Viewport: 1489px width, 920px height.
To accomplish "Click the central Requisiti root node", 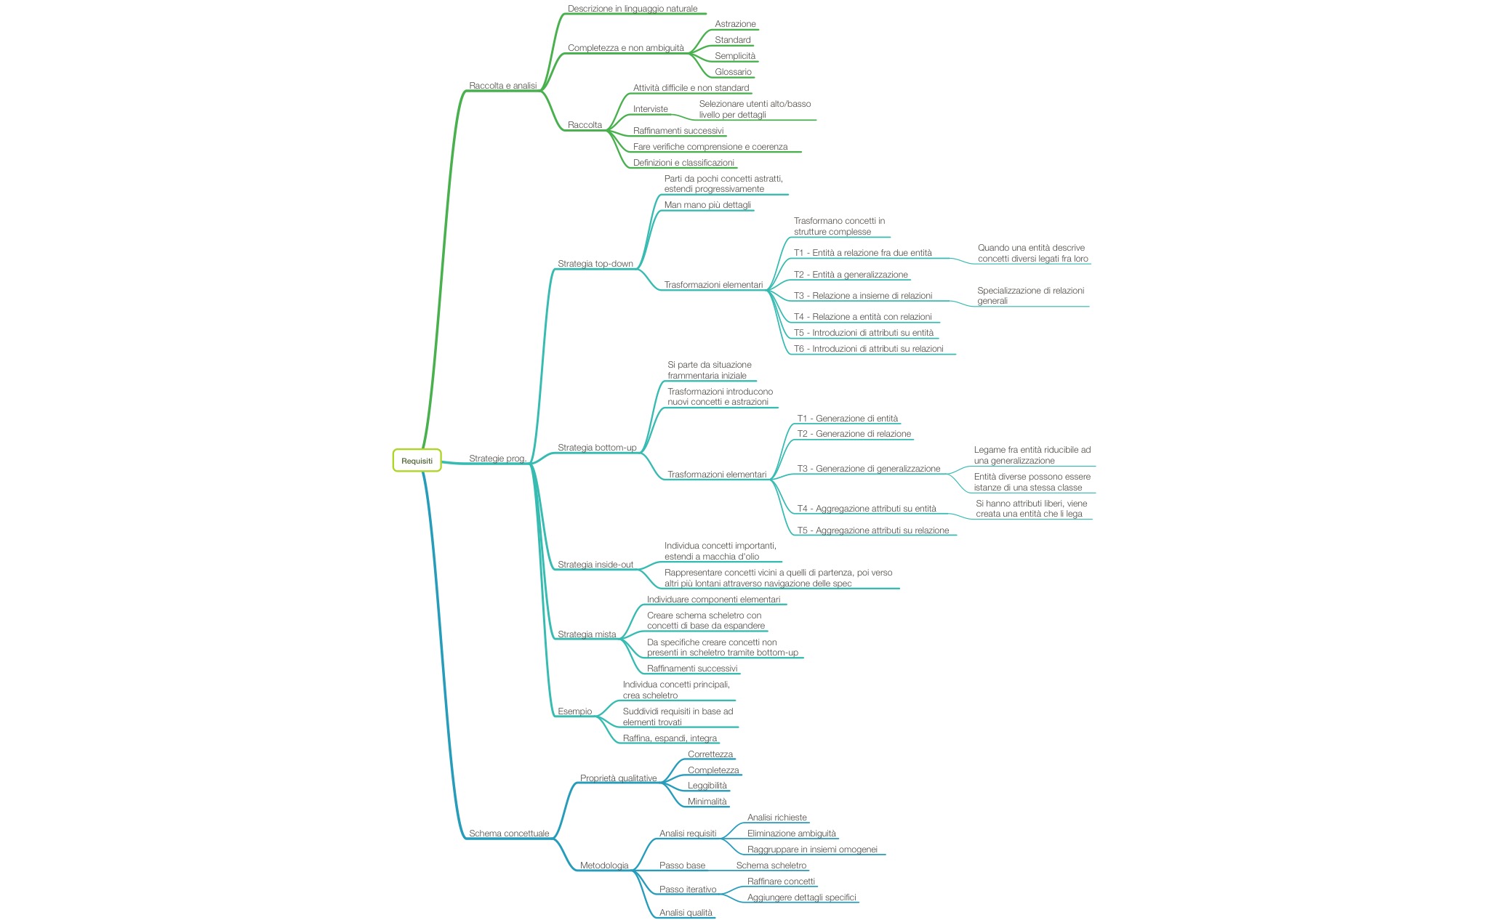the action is [x=417, y=461].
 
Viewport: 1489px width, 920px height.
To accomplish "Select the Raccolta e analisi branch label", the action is [x=503, y=86].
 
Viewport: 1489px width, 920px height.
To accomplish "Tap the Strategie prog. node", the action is [x=497, y=459].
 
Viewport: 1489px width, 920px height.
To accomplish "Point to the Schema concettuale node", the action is [x=509, y=834].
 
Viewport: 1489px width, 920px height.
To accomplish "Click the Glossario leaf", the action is [x=733, y=72].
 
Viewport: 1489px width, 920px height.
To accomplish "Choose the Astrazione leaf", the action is [x=735, y=24].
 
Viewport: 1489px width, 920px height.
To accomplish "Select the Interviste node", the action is [x=650, y=109].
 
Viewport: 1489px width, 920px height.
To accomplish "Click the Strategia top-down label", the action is [x=595, y=264].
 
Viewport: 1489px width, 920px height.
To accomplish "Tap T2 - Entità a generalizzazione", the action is [x=851, y=275].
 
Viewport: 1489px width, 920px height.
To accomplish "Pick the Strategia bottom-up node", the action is [x=597, y=448].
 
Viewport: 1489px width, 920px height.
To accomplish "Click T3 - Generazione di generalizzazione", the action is [x=869, y=469].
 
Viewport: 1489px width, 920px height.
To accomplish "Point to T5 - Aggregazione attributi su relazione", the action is [x=873, y=530].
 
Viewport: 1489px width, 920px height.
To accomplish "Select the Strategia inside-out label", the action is [x=595, y=565].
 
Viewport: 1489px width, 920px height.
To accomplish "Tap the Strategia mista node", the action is [x=587, y=634].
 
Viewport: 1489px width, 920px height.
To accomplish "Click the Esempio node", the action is [x=574, y=711].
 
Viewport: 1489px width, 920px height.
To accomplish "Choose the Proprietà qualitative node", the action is [x=618, y=778].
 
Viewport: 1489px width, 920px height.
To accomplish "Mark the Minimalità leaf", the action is [x=707, y=802].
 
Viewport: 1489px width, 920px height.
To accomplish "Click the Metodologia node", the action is [x=604, y=865].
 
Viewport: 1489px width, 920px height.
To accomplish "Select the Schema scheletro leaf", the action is [x=771, y=865].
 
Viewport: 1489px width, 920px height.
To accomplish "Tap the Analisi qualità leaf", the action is [x=686, y=913].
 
